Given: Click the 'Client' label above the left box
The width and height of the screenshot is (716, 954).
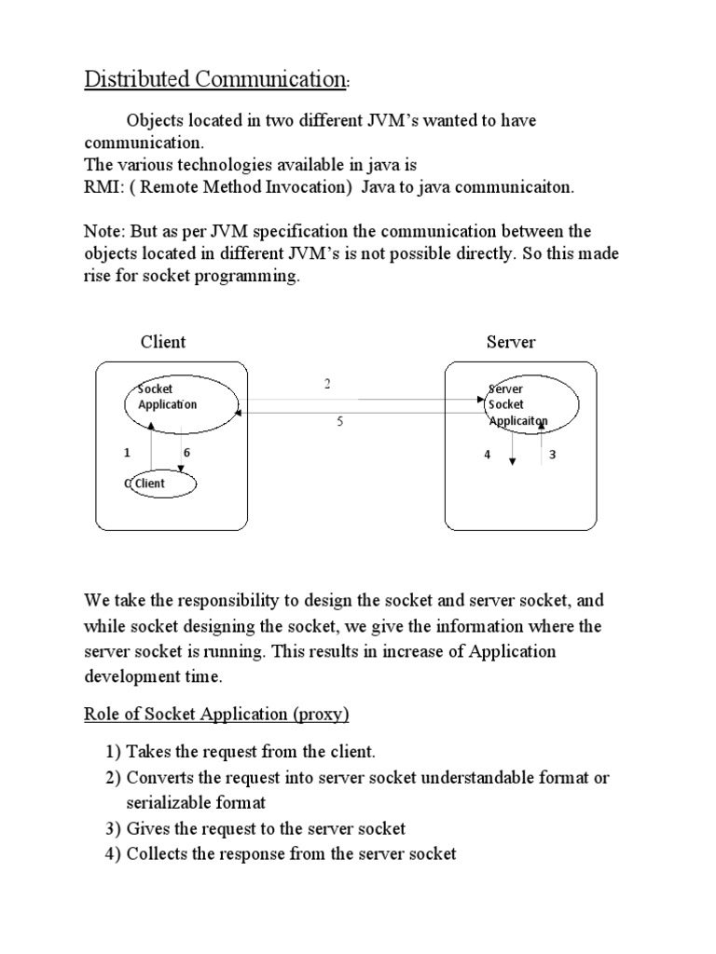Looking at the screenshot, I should coord(163,342).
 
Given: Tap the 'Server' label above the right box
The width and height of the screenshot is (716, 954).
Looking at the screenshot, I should coord(511,342).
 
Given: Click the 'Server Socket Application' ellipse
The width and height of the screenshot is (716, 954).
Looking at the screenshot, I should coord(531,403).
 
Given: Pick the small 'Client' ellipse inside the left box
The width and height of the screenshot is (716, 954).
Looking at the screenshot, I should coord(162,484).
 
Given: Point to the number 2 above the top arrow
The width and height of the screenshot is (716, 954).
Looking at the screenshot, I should coord(328,383).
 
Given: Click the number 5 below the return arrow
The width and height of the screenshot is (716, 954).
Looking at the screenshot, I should coord(340,422).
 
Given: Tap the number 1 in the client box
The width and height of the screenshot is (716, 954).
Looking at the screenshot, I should coord(127,453).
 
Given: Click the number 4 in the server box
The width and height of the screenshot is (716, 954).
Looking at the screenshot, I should coord(487,456).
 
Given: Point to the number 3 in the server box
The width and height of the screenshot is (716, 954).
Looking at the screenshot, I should coord(552,456).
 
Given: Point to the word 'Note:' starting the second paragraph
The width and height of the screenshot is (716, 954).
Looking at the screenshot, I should coord(103,231).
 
